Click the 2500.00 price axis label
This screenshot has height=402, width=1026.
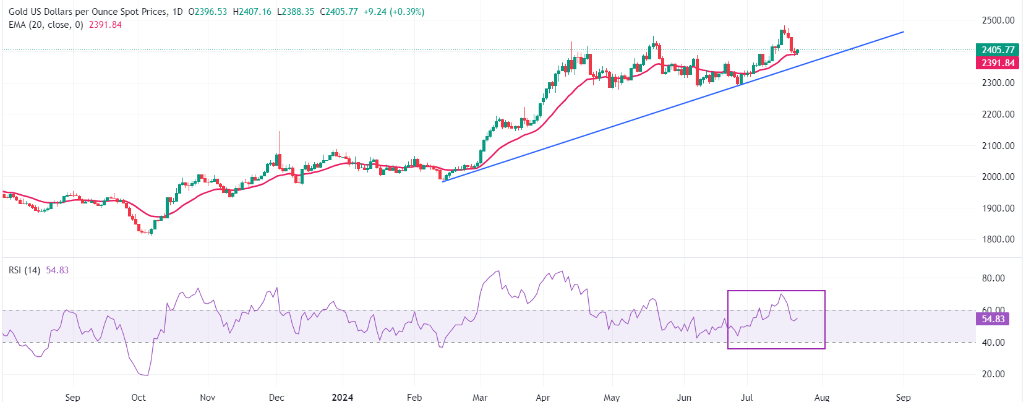point(998,20)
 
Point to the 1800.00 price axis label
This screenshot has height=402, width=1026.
point(998,239)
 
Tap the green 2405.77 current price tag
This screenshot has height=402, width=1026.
point(998,50)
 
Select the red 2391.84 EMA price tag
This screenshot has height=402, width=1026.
point(998,63)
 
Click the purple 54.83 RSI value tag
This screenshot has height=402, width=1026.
point(993,319)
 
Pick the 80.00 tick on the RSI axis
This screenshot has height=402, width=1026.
point(993,278)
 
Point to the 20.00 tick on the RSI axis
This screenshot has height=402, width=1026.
point(993,374)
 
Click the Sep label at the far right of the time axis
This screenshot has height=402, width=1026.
point(903,397)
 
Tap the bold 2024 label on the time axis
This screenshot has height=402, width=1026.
point(342,397)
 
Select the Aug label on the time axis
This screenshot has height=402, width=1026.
point(822,397)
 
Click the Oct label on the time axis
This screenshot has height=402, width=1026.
point(139,397)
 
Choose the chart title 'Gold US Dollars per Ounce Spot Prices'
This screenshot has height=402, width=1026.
point(87,12)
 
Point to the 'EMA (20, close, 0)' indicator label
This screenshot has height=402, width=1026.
point(46,25)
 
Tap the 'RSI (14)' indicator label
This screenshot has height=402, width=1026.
point(24,270)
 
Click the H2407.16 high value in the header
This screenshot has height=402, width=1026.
point(252,12)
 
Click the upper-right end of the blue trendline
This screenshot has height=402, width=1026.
point(903,32)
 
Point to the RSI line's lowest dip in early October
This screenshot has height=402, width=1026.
point(147,375)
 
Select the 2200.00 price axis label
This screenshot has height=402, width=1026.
point(998,114)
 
